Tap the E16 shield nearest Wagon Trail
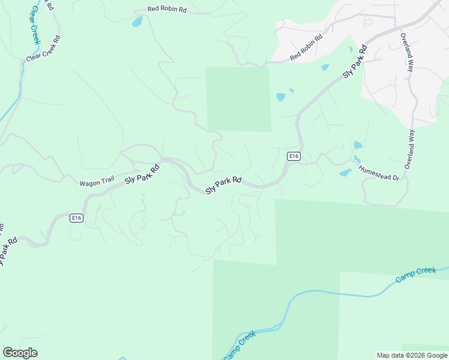(x=76, y=218)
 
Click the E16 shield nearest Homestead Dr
(x=293, y=156)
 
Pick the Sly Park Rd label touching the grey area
(x=355, y=61)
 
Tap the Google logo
(x=20, y=353)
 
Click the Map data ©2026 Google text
(x=411, y=355)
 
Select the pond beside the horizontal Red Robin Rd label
(x=137, y=22)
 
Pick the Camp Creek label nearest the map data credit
(x=415, y=275)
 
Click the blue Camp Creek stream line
(x=336, y=293)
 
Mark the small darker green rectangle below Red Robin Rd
(x=238, y=99)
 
